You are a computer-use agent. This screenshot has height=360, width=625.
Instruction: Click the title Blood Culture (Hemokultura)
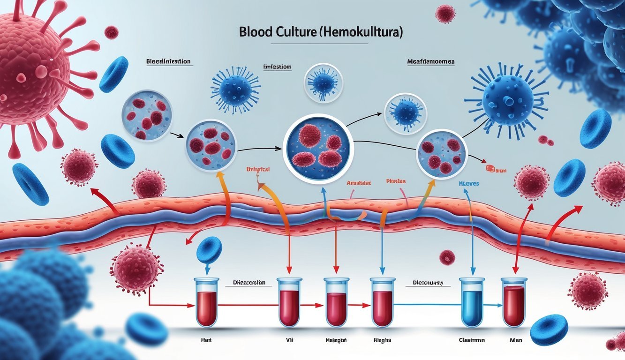point(321,33)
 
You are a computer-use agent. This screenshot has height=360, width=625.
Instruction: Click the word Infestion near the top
point(277,67)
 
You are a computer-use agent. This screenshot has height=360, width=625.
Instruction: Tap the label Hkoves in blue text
point(468,184)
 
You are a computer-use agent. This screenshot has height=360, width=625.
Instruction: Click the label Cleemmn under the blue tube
point(471,341)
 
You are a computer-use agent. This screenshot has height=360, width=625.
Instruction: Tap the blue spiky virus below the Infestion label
point(235,90)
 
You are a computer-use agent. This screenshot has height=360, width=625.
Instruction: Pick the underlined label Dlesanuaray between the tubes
point(428,283)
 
